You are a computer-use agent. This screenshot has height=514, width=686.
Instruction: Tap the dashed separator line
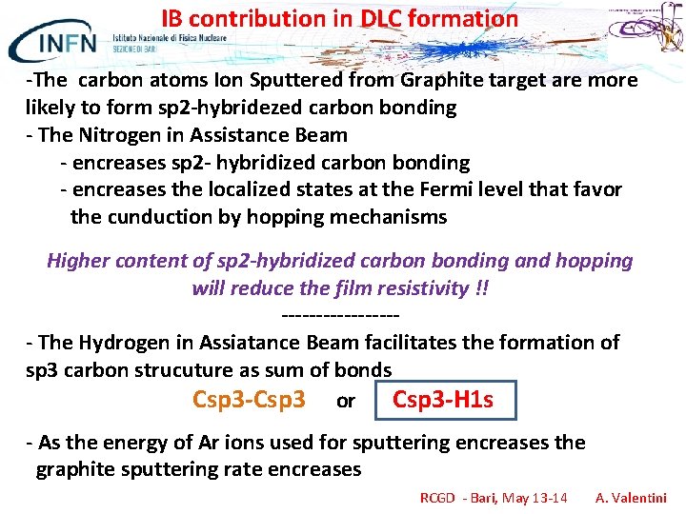click(x=340, y=314)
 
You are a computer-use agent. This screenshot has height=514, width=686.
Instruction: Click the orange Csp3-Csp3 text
click(x=249, y=400)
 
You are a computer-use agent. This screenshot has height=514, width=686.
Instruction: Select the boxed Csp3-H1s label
click(x=443, y=400)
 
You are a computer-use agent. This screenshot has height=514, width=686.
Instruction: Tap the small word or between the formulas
click(x=345, y=402)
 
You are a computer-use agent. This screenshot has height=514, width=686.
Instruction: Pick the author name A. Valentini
click(x=631, y=498)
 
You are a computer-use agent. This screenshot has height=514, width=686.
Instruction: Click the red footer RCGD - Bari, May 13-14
click(x=494, y=498)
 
